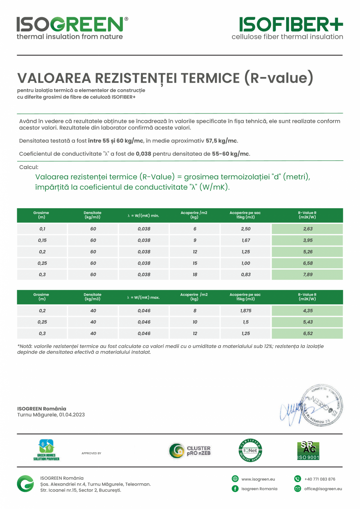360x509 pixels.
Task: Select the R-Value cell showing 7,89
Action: pyautogui.click(x=308, y=275)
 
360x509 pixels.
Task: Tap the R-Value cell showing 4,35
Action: pyautogui.click(x=308, y=311)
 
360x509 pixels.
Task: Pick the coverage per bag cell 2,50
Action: pyautogui.click(x=246, y=229)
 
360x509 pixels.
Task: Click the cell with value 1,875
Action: pyautogui.click(x=246, y=311)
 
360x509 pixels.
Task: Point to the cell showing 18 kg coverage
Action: pyautogui.click(x=195, y=275)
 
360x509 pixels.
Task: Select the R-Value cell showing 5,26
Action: pyautogui.click(x=308, y=252)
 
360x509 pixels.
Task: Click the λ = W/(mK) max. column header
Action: pyautogui.click(x=143, y=297)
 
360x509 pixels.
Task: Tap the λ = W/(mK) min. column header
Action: pyautogui.click(x=143, y=216)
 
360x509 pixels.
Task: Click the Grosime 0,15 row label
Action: pyautogui.click(x=42, y=240)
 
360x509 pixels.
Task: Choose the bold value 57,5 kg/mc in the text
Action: pyautogui.click(x=221, y=141)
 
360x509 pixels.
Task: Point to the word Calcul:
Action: pyautogui.click(x=29, y=167)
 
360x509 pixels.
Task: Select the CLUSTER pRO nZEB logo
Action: pyautogui.click(x=190, y=451)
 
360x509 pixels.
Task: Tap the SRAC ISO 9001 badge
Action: pyautogui.click(x=308, y=451)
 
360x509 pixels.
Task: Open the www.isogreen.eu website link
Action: pyautogui.click(x=258, y=479)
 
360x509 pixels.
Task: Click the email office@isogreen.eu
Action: pyautogui.click(x=323, y=489)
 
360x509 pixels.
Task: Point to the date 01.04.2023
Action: pyautogui.click(x=72, y=415)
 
